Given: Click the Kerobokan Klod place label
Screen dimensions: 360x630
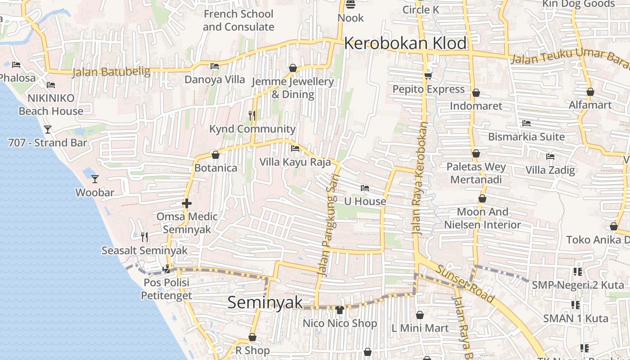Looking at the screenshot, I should coord(405,43).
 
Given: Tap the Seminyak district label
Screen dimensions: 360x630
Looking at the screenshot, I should coord(265,302).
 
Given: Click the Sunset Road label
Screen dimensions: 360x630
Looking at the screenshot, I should coord(465,283).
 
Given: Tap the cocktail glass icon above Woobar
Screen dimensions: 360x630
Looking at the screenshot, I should coord(95,179).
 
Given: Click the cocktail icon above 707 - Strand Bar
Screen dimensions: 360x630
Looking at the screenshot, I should coord(47,130).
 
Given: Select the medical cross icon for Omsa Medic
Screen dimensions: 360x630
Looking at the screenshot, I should coord(187,203).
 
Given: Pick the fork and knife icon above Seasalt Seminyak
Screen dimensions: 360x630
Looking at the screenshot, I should coord(144,237).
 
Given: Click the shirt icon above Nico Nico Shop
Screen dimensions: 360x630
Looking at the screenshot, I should coord(340,310).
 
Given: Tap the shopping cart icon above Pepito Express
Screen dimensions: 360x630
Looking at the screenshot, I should coord(428,76).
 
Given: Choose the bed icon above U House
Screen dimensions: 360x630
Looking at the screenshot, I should coord(365,188).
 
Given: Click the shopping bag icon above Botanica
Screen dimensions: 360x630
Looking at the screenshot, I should coord(216,155).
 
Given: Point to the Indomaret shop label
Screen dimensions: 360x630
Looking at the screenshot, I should coord(476,106).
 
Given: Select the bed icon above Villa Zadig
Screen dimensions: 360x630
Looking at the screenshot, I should coord(550,157).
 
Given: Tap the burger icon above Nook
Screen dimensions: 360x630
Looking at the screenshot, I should coord(351,4).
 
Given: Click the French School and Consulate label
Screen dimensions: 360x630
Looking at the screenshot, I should coord(238,20).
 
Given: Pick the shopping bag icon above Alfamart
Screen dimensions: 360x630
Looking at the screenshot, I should coord(590,92).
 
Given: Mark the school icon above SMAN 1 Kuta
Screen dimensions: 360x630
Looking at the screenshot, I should coord(575,305).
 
